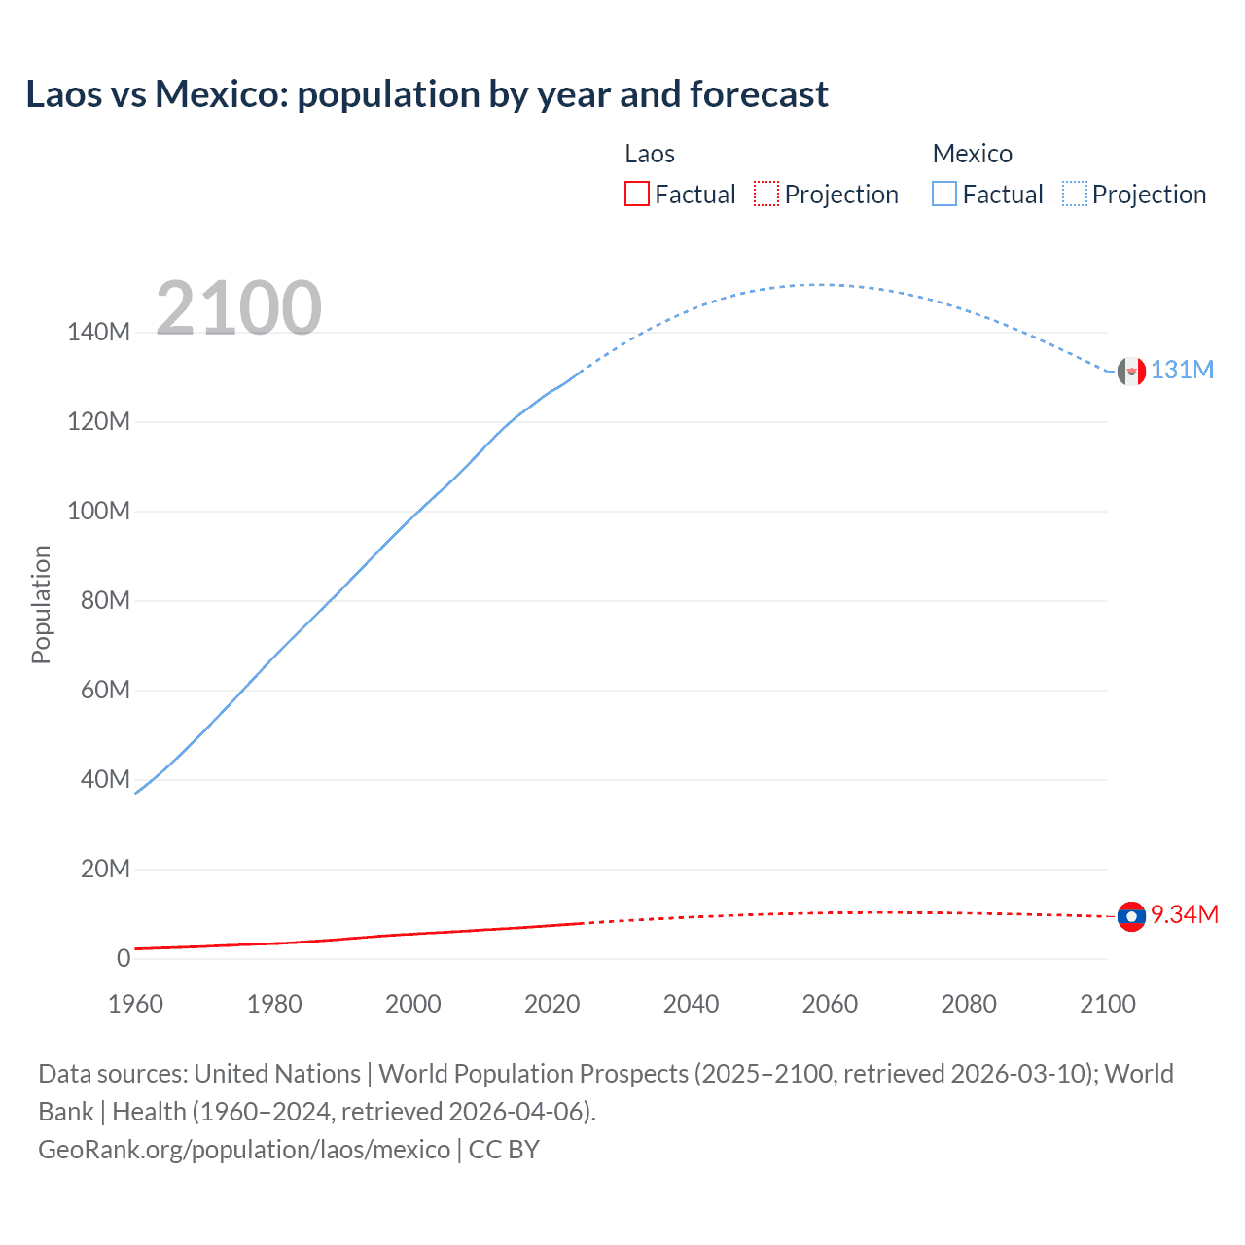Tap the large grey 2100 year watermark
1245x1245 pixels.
coord(238,308)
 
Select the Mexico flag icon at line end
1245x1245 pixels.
coord(1131,371)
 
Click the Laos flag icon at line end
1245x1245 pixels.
coord(1131,916)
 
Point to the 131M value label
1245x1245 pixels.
coord(1182,371)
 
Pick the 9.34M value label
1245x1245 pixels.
coord(1184,915)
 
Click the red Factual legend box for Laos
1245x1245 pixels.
coord(637,195)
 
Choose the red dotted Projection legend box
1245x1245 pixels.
coord(766,195)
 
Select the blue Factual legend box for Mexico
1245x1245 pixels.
coord(944,195)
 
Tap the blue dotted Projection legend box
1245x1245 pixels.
coord(1075,195)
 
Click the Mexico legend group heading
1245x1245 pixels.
coord(972,154)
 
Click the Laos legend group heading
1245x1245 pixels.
coord(649,154)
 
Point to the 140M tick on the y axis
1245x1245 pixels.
coord(98,333)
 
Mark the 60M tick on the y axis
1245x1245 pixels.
coord(105,691)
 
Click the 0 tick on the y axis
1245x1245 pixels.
coord(124,958)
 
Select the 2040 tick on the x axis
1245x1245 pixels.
coord(691,1004)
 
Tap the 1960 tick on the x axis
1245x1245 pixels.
coord(135,1004)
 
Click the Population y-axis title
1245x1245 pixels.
coord(41,604)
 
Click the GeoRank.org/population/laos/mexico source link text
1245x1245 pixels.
coord(244,1150)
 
